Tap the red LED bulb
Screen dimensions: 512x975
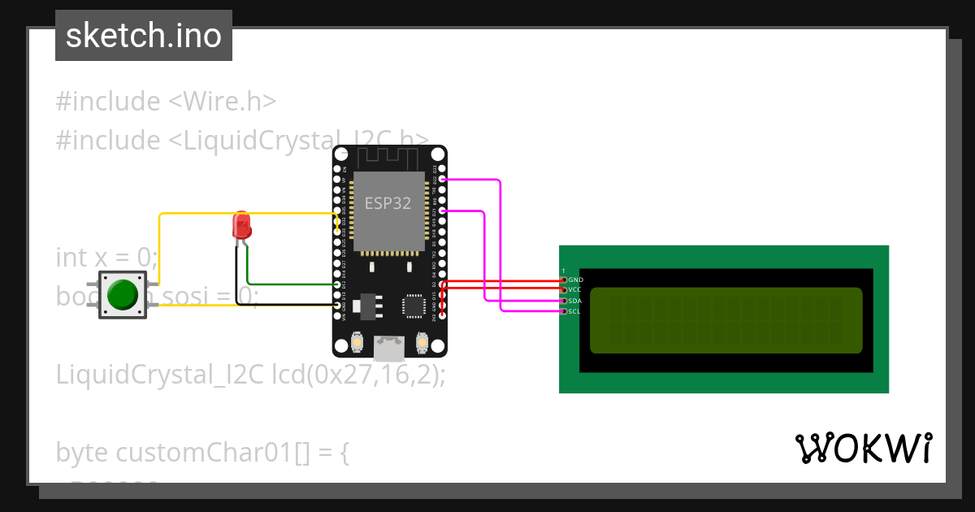point(241,223)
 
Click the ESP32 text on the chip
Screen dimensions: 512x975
point(388,203)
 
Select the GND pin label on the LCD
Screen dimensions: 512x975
point(576,280)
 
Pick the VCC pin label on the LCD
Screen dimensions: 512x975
point(575,290)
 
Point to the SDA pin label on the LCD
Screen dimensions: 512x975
point(575,301)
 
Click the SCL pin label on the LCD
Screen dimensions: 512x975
point(574,311)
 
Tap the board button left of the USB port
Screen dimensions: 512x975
point(357,344)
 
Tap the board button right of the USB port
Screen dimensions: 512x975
point(421,344)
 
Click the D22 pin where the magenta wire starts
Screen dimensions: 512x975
point(442,180)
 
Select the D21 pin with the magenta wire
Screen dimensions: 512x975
point(442,211)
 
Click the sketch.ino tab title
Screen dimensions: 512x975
point(144,36)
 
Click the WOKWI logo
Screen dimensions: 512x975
point(863,448)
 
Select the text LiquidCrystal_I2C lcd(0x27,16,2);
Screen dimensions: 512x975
point(251,375)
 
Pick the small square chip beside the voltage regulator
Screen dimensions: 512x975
point(413,306)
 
